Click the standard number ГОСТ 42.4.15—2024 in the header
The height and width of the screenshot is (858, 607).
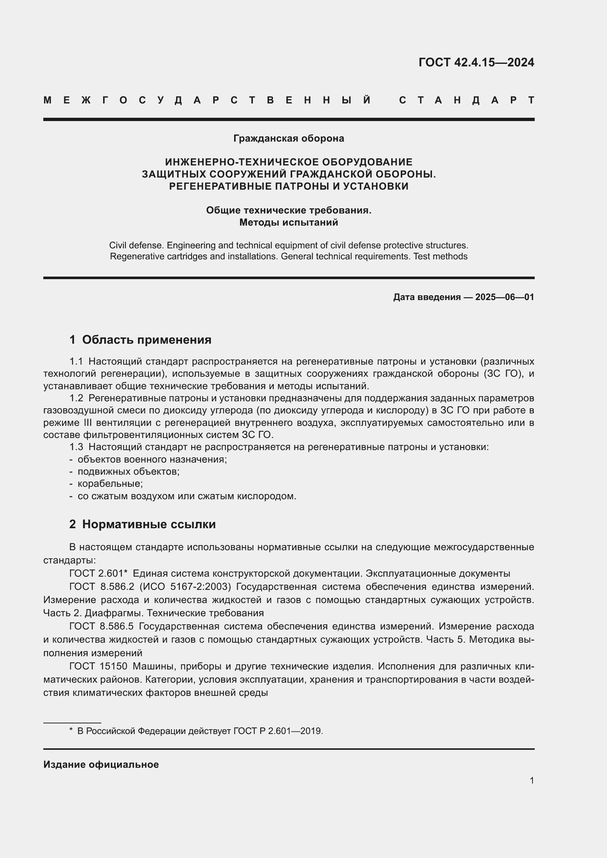[x=476, y=62]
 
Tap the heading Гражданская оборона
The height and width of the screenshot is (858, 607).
[x=288, y=139]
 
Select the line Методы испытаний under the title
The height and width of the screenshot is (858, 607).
[x=288, y=223]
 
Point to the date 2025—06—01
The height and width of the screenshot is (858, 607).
[x=505, y=297]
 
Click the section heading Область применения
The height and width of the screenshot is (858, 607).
[x=146, y=340]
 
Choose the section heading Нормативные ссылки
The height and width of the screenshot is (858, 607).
[x=149, y=524]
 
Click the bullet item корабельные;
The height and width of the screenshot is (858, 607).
[x=110, y=483]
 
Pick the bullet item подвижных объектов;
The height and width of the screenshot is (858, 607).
[x=128, y=472]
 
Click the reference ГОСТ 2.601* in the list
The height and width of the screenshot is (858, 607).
[x=99, y=573]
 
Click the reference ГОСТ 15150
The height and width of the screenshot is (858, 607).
[x=98, y=666]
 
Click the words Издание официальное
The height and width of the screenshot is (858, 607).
[x=101, y=764]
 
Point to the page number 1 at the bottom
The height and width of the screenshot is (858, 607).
[x=531, y=781]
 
